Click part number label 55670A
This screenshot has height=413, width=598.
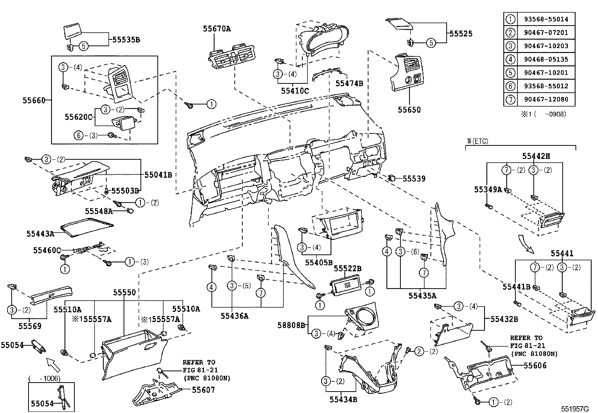pyautogui.click(x=217, y=28)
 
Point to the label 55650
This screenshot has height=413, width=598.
pyautogui.click(x=409, y=110)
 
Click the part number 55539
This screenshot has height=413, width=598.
pyautogui.click(x=414, y=179)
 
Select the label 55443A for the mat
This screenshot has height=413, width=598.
pyautogui.click(x=40, y=234)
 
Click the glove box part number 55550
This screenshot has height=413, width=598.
pyautogui.click(x=124, y=292)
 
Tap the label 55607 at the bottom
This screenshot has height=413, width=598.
pyautogui.click(x=203, y=390)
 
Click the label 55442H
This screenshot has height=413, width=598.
pyautogui.click(x=536, y=156)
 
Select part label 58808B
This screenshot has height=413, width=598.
pyautogui.click(x=291, y=325)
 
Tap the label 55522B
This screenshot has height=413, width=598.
pyautogui.click(x=347, y=268)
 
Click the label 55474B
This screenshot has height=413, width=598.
pyautogui.click(x=349, y=83)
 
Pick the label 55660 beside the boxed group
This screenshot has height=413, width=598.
pyautogui.click(x=34, y=100)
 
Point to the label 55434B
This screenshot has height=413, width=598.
pyautogui.click(x=343, y=399)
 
